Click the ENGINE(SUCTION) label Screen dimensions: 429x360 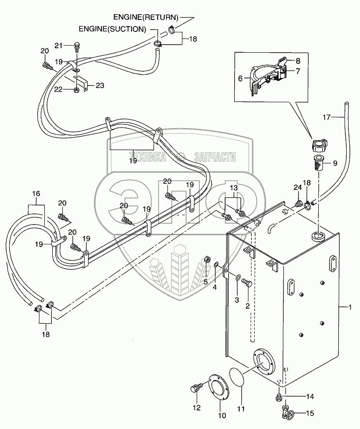112,29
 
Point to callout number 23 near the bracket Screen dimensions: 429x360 100,86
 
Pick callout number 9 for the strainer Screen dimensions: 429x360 334,163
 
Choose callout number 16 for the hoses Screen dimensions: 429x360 36,193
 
